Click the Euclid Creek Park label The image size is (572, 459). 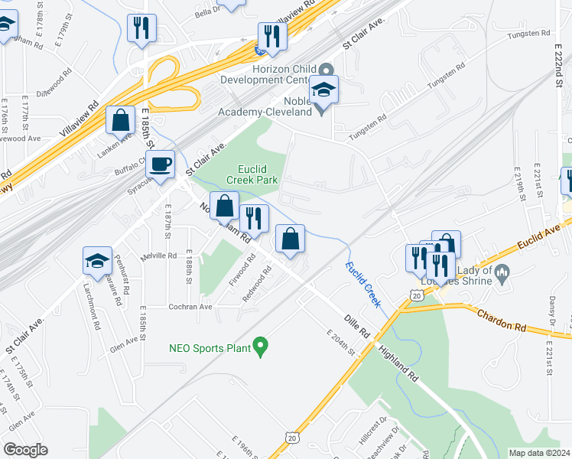pyautogui.click(x=252, y=174)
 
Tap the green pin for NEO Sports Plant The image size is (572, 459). pyautogui.click(x=260, y=347)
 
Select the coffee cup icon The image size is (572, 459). pyautogui.click(x=161, y=164)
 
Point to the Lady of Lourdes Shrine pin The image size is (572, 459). pyautogui.click(x=502, y=272)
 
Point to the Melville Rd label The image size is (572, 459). pyautogui.click(x=158, y=255)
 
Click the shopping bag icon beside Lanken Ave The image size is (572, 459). pyautogui.click(x=121, y=120)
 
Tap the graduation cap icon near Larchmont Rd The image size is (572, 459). pyautogui.click(x=98, y=262)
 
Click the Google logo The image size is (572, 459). pyautogui.click(x=25, y=450)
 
